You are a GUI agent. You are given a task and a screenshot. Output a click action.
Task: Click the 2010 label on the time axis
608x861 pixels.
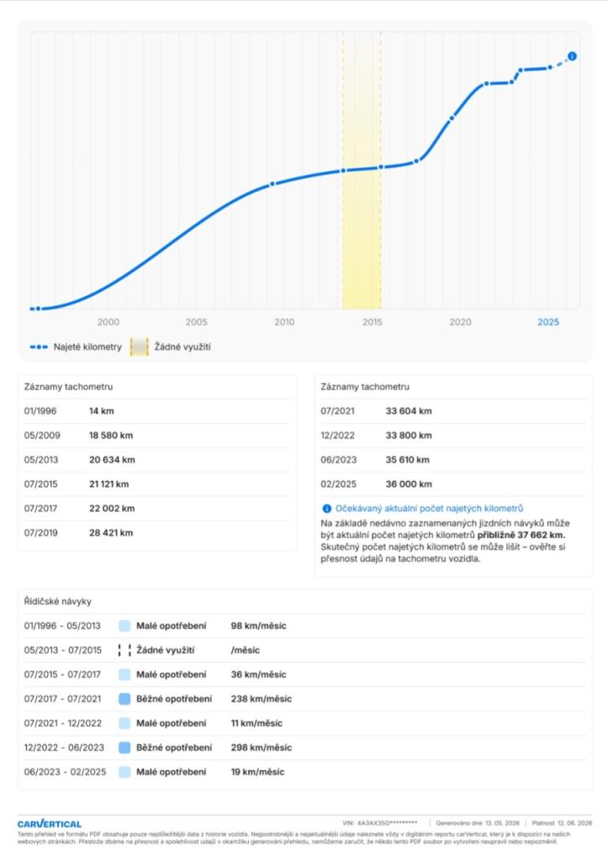(x=284, y=322)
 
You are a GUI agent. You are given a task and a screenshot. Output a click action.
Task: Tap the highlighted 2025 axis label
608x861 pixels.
(x=548, y=322)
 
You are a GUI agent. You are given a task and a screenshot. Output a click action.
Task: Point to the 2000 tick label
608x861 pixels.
(x=108, y=322)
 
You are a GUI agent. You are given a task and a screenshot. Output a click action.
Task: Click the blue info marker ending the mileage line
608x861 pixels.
(x=573, y=56)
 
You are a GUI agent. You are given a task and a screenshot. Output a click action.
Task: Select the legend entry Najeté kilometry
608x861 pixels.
(x=76, y=347)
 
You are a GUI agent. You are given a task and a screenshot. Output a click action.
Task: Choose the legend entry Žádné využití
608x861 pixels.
(x=170, y=347)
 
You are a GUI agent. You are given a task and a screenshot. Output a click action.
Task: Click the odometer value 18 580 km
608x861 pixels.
(x=111, y=436)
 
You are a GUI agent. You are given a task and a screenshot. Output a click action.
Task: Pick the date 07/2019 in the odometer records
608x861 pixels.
(x=40, y=532)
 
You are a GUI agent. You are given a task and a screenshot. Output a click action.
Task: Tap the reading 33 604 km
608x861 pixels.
(x=409, y=411)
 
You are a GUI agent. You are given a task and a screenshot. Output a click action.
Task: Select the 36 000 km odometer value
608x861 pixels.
(x=409, y=484)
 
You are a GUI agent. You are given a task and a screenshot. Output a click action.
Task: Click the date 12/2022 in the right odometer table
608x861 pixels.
(x=338, y=436)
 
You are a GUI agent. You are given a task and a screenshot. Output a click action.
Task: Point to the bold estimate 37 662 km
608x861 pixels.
(x=541, y=536)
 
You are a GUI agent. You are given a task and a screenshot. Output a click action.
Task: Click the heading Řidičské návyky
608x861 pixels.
(x=58, y=602)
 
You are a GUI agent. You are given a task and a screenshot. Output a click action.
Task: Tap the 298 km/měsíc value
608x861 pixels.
(x=262, y=747)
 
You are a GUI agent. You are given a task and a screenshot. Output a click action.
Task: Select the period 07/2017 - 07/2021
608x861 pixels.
(x=62, y=699)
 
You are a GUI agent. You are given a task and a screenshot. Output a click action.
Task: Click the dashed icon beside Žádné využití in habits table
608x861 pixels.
(x=124, y=650)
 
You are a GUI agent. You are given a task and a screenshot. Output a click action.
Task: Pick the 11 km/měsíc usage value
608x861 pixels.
(x=256, y=724)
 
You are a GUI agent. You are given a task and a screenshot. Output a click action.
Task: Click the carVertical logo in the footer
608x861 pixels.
(x=50, y=824)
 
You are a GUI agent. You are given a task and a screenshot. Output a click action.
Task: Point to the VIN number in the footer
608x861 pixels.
(x=379, y=823)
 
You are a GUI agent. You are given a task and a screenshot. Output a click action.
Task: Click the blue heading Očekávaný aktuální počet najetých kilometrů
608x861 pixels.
(x=429, y=509)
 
